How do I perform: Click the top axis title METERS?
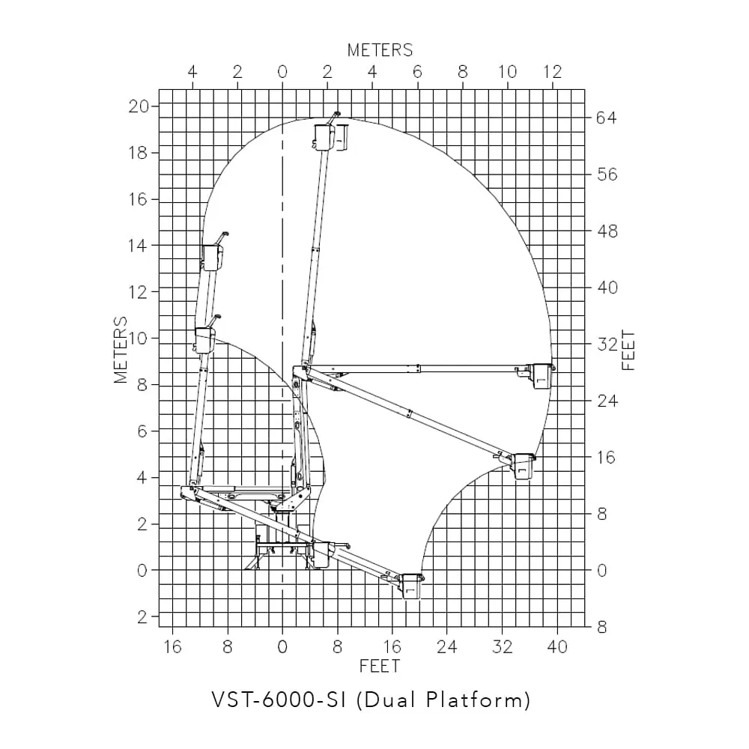coord(380,50)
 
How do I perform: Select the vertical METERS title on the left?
coord(121,350)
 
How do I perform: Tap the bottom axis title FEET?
coord(379,667)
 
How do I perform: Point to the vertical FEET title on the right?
coord(628,351)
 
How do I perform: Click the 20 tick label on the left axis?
coord(139,106)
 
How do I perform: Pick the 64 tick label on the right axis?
coord(607,118)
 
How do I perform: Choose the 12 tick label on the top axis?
coord(553,72)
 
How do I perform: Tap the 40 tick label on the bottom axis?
coord(557,647)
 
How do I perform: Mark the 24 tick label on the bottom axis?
coord(446,647)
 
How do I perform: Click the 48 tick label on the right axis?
coord(607,231)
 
